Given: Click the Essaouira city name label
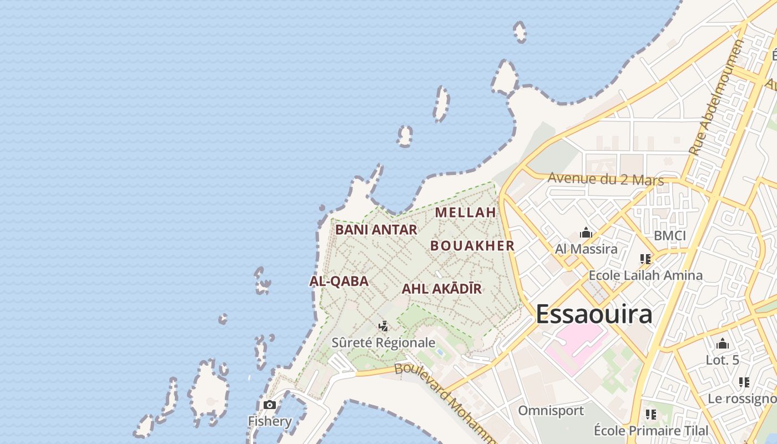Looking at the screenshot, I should click(594, 314).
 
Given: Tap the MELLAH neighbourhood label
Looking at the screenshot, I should click(465, 213).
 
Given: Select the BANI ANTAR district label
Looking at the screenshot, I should click(376, 230).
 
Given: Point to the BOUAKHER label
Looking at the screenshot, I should click(472, 246).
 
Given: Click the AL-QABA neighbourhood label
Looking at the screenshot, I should click(339, 281).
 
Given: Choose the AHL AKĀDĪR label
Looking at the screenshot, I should click(441, 289).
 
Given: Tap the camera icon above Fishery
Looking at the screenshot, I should click(270, 405).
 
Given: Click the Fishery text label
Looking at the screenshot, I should click(270, 421).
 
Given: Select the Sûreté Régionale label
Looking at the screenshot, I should click(383, 342).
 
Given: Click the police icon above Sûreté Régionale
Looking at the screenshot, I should click(383, 326).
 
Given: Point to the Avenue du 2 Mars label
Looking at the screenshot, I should click(606, 179).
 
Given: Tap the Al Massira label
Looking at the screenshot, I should click(586, 249).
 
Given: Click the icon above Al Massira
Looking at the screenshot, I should click(586, 233).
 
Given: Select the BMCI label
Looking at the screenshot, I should click(669, 236).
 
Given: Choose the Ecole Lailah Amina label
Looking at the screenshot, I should click(645, 275).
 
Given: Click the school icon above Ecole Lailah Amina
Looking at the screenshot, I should click(645, 259).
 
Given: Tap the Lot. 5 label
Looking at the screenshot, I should click(722, 360).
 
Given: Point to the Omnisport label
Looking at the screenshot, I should click(551, 411).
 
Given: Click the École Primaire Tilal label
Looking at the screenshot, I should click(651, 431).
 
